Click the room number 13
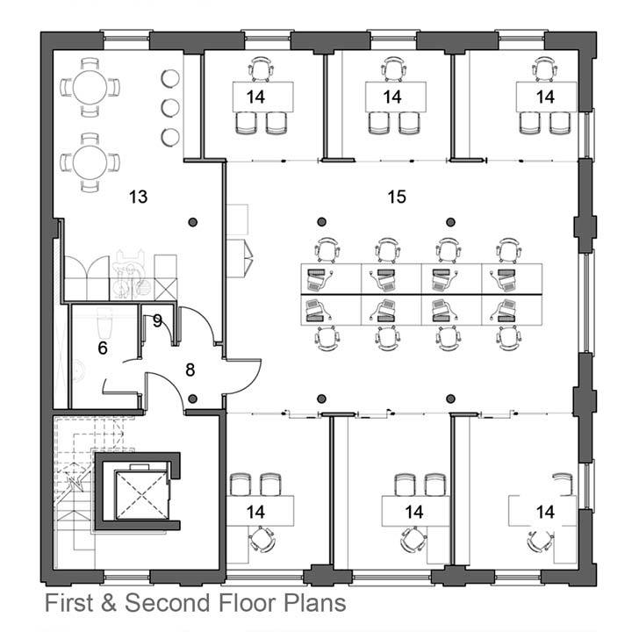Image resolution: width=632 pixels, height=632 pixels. pyautogui.click(x=139, y=197)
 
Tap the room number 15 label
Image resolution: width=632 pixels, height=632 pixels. pyautogui.click(x=397, y=197)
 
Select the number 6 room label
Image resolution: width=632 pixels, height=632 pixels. pyautogui.click(x=103, y=348)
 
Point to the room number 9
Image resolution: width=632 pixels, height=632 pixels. pyautogui.click(x=157, y=321)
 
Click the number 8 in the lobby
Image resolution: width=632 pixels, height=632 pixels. pyautogui.click(x=190, y=370)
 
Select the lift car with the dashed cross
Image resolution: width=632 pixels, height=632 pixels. pyautogui.click(x=140, y=494)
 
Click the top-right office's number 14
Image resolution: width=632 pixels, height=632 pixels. pyautogui.click(x=545, y=97)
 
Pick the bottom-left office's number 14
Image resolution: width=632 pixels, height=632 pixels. pyautogui.click(x=255, y=512)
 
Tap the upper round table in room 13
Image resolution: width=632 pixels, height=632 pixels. pyautogui.click(x=90, y=88)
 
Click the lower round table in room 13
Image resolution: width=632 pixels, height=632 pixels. pyautogui.click(x=90, y=162)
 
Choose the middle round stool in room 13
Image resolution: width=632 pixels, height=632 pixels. pyautogui.click(x=170, y=108)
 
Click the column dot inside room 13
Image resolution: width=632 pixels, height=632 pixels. pyautogui.click(x=193, y=222)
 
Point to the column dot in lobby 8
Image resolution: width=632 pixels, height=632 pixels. pyautogui.click(x=193, y=399)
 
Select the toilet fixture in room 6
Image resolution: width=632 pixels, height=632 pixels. pyautogui.click(x=105, y=323)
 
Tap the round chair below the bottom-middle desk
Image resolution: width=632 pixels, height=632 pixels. pyautogui.click(x=413, y=541)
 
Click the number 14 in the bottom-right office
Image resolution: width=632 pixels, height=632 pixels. pyautogui.click(x=545, y=512)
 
